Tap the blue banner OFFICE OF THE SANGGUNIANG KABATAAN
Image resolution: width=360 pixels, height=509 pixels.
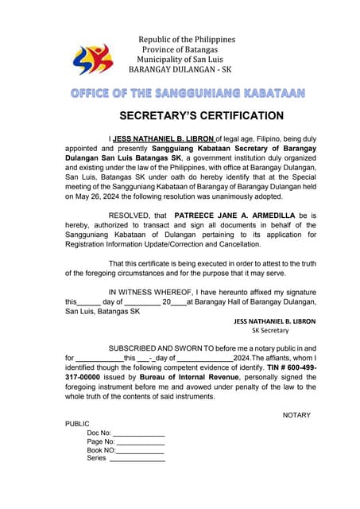tap(188, 93)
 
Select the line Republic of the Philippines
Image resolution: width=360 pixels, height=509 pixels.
tap(187, 40)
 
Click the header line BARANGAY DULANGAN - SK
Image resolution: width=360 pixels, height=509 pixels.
tap(184, 69)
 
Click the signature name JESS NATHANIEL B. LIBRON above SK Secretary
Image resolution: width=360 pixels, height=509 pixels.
tap(274, 321)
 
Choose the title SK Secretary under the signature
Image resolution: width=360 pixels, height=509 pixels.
tap(270, 330)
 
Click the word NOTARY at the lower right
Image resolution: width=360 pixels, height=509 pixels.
tap(296, 415)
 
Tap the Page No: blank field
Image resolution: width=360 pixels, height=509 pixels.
tap(141, 441)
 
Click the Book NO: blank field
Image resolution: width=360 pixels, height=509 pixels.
tap(140, 450)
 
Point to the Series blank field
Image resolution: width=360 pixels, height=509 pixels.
tap(137, 459)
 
